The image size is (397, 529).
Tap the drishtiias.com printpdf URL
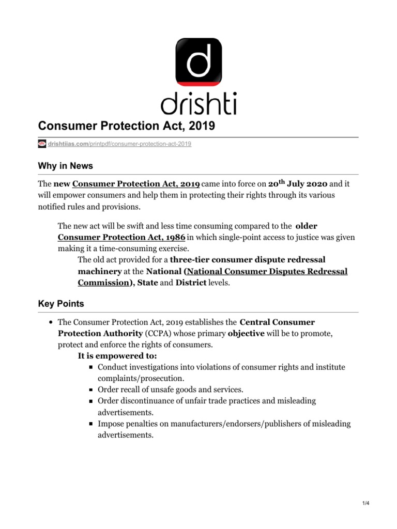[119, 144]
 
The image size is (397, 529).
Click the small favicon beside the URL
[42, 144]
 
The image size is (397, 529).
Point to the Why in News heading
[65, 166]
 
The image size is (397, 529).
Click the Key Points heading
[61, 304]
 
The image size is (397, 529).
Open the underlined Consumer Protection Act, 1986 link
[121, 237]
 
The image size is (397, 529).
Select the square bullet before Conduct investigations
[90, 367]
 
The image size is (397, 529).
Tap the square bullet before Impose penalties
[90, 424]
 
